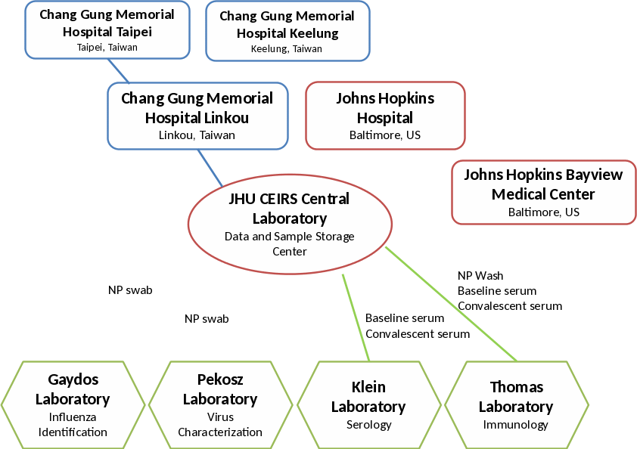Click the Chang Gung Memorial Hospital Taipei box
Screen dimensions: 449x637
click(x=107, y=29)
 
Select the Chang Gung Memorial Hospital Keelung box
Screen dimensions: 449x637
click(x=287, y=30)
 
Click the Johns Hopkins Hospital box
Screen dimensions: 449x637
click(x=385, y=116)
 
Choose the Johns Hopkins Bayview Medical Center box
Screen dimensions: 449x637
click(x=543, y=192)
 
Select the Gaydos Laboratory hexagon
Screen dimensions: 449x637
click(x=73, y=405)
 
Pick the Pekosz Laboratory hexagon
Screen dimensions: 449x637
click(x=220, y=405)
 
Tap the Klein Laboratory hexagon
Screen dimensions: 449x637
click(x=368, y=405)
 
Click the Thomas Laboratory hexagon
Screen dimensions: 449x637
click(x=516, y=405)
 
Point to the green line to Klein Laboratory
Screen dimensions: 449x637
click(x=356, y=317)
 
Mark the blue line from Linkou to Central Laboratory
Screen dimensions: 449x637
click(x=210, y=168)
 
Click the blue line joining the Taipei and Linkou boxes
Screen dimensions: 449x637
click(x=119, y=70)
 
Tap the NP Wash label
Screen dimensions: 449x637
click(x=480, y=276)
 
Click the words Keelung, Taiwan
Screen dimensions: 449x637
click(x=287, y=48)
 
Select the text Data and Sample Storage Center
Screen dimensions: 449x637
click(x=290, y=243)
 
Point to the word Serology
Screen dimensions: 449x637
click(x=368, y=425)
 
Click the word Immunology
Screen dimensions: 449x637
click(x=516, y=425)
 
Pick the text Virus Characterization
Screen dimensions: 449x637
click(x=220, y=425)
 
